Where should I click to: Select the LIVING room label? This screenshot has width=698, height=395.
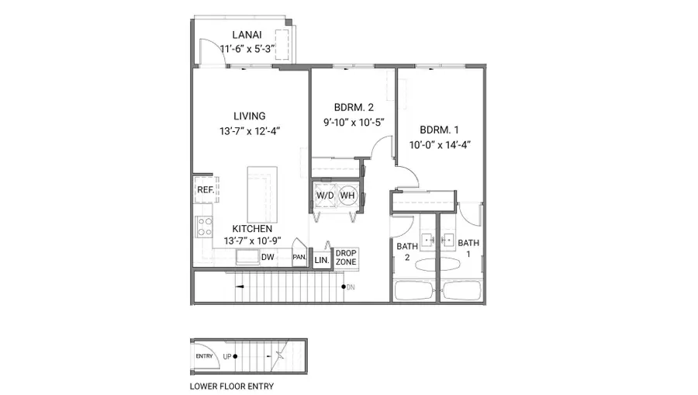(249, 116)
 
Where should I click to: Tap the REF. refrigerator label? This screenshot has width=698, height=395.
(205, 189)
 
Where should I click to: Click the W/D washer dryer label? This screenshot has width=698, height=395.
(324, 195)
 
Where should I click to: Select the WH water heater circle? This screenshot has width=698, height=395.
(347, 195)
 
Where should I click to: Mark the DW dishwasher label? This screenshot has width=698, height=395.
(267, 257)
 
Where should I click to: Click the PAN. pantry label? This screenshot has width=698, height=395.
(299, 257)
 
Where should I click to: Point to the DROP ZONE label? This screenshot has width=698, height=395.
(346, 258)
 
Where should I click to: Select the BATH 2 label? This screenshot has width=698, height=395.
(407, 252)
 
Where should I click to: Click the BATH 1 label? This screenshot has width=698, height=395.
(468, 248)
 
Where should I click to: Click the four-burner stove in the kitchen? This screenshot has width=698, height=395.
(205, 227)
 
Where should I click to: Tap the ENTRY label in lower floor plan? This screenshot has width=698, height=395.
(205, 356)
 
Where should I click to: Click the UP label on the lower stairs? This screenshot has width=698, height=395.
(227, 356)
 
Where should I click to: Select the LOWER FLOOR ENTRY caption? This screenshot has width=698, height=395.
(231, 386)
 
